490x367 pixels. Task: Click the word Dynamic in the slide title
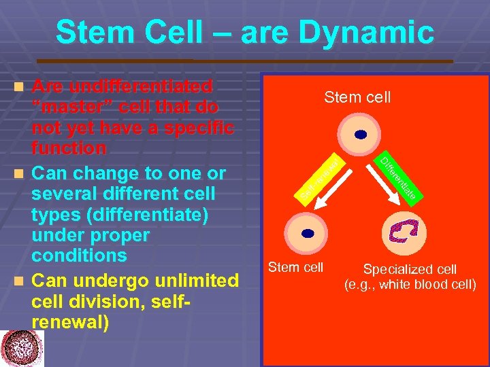tap(368, 32)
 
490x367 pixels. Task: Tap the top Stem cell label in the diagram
tap(357, 97)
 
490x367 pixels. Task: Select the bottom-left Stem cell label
tap(297, 266)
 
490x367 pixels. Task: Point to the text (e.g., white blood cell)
tap(410, 284)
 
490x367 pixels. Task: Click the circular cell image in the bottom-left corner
tap(21, 348)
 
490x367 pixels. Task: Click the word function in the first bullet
tap(69, 147)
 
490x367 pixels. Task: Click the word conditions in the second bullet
tap(79, 256)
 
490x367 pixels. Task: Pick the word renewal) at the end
tap(70, 321)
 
